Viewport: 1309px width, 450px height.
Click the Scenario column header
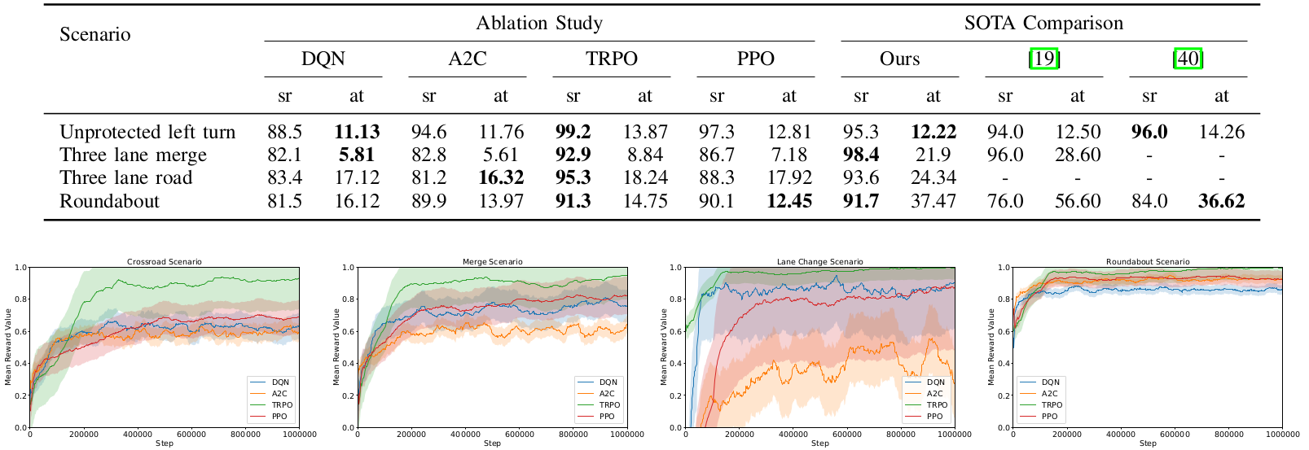pos(94,34)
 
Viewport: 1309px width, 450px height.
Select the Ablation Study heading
pos(539,23)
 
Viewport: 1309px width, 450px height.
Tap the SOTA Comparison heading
pos(1043,23)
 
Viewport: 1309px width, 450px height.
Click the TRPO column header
pos(611,59)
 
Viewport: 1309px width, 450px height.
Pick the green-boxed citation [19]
pos(1043,59)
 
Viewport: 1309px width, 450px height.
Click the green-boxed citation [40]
pos(1188,59)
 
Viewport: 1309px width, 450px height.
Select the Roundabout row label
pos(109,201)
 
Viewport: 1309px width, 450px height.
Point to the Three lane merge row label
pos(133,155)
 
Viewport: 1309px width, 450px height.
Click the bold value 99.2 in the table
pos(573,132)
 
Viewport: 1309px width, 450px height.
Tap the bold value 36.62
pos(1221,201)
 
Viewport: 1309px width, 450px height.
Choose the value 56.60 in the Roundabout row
pos(1077,201)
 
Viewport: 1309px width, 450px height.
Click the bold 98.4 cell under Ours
pos(861,155)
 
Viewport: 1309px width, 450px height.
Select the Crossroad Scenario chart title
pos(164,262)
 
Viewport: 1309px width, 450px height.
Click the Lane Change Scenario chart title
pos(819,262)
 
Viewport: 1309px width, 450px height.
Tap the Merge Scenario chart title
pos(492,262)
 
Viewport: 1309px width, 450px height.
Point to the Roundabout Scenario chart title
pos(1147,262)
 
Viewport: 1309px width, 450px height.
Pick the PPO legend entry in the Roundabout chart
pos(1049,416)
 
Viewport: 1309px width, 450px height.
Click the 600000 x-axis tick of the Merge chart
pos(519,435)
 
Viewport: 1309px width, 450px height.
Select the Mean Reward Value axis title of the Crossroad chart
pos(8,347)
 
